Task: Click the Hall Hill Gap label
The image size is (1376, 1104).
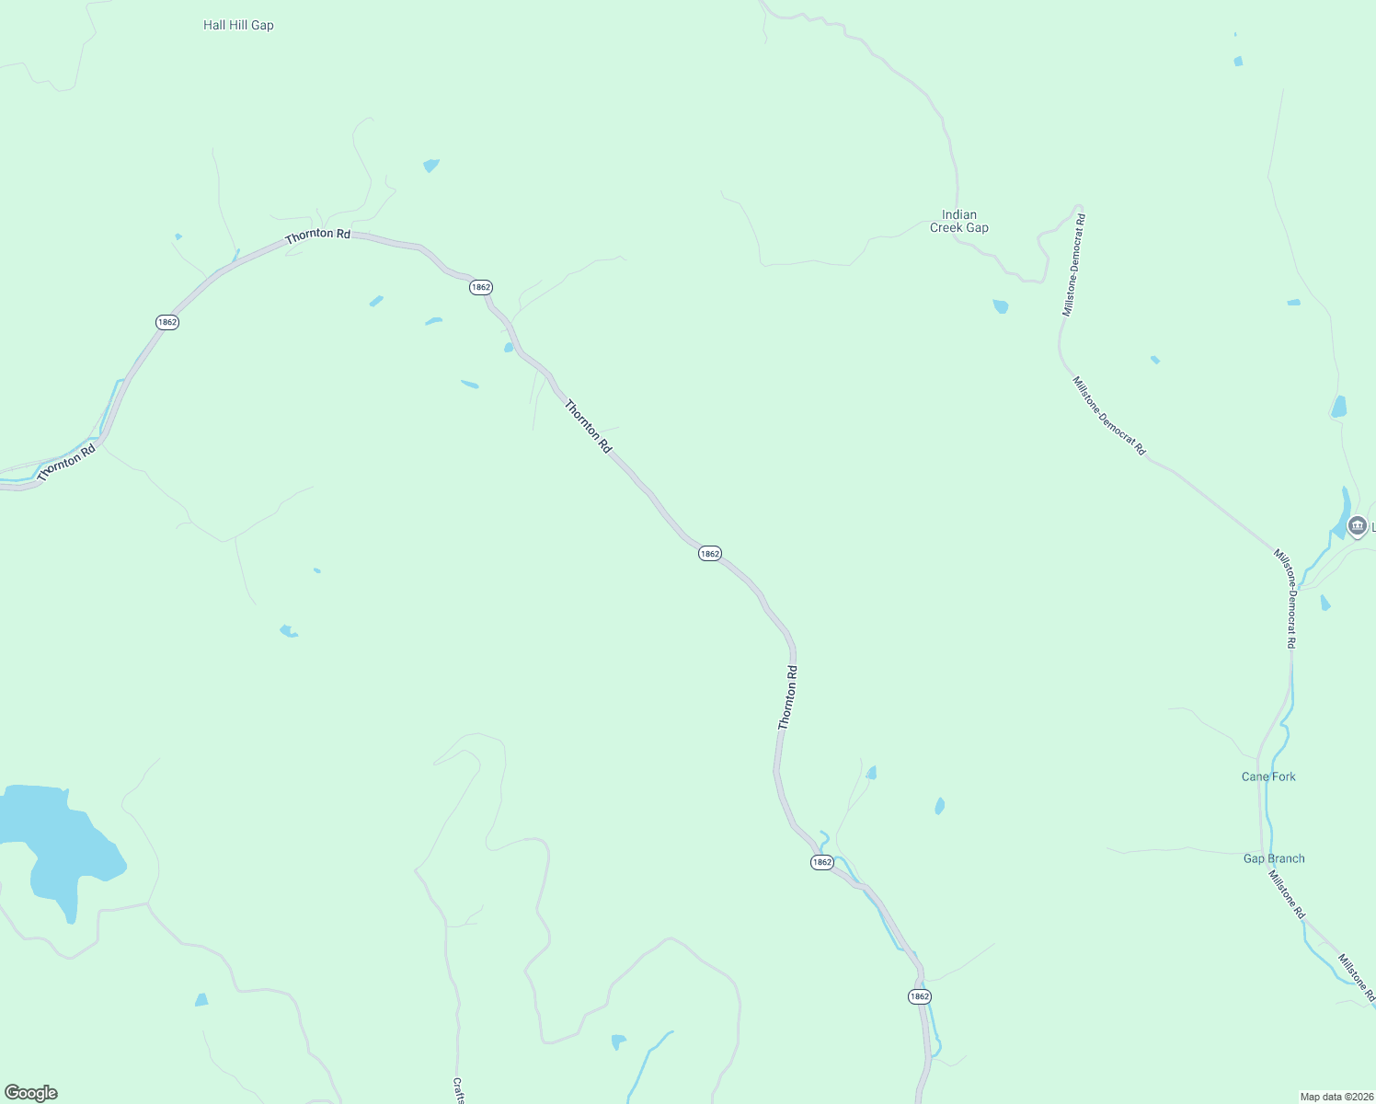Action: (x=238, y=26)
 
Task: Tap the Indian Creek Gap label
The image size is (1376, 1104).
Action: (x=959, y=221)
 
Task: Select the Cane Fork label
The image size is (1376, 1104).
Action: (x=1268, y=776)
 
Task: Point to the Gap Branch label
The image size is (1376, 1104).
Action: (x=1274, y=858)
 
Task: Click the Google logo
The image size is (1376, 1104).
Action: (x=31, y=1093)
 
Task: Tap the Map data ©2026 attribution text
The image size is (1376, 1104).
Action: (x=1336, y=1097)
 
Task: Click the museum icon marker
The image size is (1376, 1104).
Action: (x=1357, y=526)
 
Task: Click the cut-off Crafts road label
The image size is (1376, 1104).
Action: (x=458, y=1090)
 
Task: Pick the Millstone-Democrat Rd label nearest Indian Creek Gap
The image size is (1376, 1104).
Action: (x=1074, y=265)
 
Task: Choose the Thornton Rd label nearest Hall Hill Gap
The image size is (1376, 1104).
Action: (x=317, y=236)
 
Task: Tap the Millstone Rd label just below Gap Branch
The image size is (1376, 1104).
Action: (x=1287, y=893)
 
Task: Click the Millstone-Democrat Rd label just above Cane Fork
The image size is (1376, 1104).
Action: (x=1290, y=600)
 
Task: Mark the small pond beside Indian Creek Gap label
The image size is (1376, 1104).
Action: (x=1001, y=306)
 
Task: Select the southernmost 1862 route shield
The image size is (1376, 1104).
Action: (x=919, y=996)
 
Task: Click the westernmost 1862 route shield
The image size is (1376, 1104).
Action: (x=166, y=322)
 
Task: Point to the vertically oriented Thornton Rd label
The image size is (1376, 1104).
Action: (x=787, y=697)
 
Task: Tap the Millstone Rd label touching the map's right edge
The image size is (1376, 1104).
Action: (x=1357, y=978)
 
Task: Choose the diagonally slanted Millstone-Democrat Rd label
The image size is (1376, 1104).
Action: (x=1109, y=415)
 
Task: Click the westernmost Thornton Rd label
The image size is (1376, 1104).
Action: (x=66, y=463)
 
